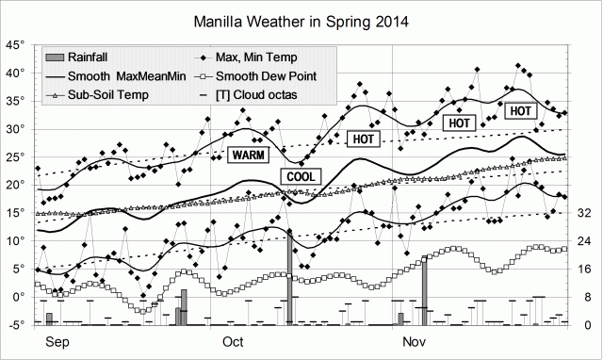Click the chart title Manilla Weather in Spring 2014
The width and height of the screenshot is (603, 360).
click(x=301, y=20)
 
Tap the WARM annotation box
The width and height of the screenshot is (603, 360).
click(x=249, y=154)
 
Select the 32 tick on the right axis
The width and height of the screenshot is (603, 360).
click(x=583, y=214)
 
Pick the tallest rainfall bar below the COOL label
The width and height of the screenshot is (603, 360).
click(x=290, y=277)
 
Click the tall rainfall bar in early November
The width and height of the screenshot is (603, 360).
click(x=425, y=291)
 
